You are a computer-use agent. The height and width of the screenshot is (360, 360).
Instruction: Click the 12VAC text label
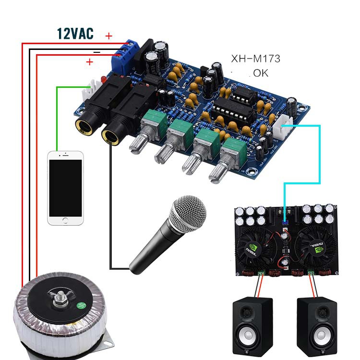click(75, 33)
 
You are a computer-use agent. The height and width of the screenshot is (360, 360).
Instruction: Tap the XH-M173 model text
click(255, 59)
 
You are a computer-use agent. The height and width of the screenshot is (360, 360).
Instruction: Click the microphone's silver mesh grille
click(187, 216)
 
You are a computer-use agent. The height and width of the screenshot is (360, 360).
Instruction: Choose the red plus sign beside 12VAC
click(108, 36)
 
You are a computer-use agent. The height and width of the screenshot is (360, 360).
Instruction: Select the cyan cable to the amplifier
click(319, 154)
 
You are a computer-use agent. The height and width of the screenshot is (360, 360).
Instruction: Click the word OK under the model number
click(261, 73)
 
